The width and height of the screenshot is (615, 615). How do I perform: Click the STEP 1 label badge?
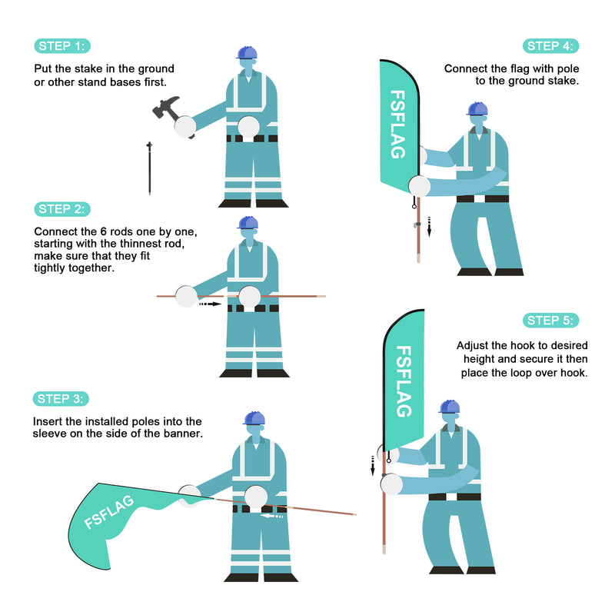tap(62, 46)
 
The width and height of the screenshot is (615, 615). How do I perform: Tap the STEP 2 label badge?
tap(62, 209)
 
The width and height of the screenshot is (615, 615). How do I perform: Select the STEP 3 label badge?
tap(61, 399)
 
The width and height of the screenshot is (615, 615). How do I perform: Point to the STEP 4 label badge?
tap(550, 46)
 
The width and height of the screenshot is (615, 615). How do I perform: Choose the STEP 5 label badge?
tap(550, 321)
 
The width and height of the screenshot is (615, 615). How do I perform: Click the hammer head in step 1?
tap(165, 107)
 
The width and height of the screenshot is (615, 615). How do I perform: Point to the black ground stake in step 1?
tap(149, 168)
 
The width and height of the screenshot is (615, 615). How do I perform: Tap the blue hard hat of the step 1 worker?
tap(247, 52)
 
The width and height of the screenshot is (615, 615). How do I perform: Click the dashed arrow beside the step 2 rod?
tap(210, 304)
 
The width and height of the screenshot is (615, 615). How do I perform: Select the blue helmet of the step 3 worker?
tap(254, 418)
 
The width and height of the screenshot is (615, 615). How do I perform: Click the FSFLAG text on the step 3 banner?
tap(109, 512)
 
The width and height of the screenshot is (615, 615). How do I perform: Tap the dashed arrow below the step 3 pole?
tap(272, 516)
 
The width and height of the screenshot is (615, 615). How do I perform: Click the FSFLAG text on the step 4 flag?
tap(397, 125)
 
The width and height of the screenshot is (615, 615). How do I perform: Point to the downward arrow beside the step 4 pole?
tap(429, 227)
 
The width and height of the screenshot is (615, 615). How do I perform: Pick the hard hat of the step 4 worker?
tap(477, 108)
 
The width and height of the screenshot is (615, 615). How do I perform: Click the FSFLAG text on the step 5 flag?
tap(404, 381)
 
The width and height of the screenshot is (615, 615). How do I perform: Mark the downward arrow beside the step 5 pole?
tap(373, 466)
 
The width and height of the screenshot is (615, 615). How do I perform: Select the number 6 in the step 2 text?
tap(104, 232)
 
